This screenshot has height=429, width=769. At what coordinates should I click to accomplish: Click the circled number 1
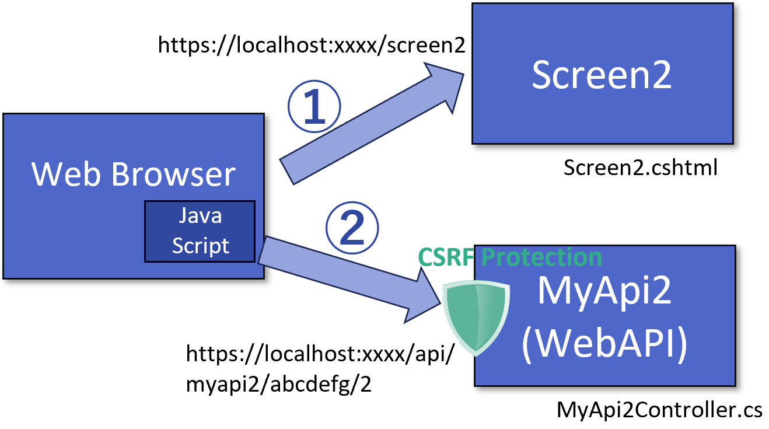314,108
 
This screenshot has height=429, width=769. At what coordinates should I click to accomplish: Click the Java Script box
200,231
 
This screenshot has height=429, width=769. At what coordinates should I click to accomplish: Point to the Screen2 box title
602,75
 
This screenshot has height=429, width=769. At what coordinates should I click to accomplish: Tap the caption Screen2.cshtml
640,168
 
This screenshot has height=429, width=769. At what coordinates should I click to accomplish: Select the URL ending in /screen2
312,45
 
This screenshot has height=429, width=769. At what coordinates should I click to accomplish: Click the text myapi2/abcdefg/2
278,385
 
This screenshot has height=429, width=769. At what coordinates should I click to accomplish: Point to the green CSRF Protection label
510,257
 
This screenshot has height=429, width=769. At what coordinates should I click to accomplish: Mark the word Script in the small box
200,245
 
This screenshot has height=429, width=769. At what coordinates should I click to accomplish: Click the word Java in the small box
200,216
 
